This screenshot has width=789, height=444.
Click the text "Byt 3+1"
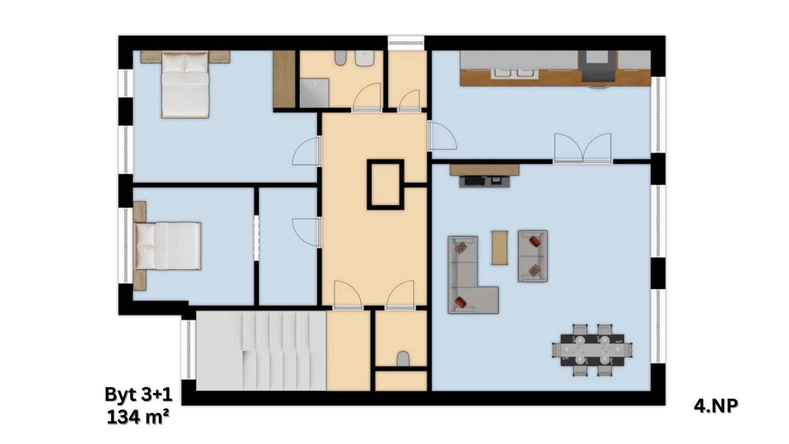pos(138,394)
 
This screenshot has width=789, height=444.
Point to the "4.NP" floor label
pos(716,406)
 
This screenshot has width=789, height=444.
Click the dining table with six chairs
pos(592,350)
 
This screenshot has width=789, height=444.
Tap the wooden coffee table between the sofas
pos(500,247)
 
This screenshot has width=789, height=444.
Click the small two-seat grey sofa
pos(533,256)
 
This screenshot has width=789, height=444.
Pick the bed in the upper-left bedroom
pos(185,85)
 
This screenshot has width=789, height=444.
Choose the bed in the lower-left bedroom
pos(167,246)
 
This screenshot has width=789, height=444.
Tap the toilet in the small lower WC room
pos(404,359)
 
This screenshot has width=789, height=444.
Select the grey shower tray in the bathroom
pos(314,93)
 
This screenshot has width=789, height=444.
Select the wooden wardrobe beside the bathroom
pos(284,79)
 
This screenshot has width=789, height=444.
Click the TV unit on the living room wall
pos(484,175)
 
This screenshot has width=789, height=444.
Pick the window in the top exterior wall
pos(406,40)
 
